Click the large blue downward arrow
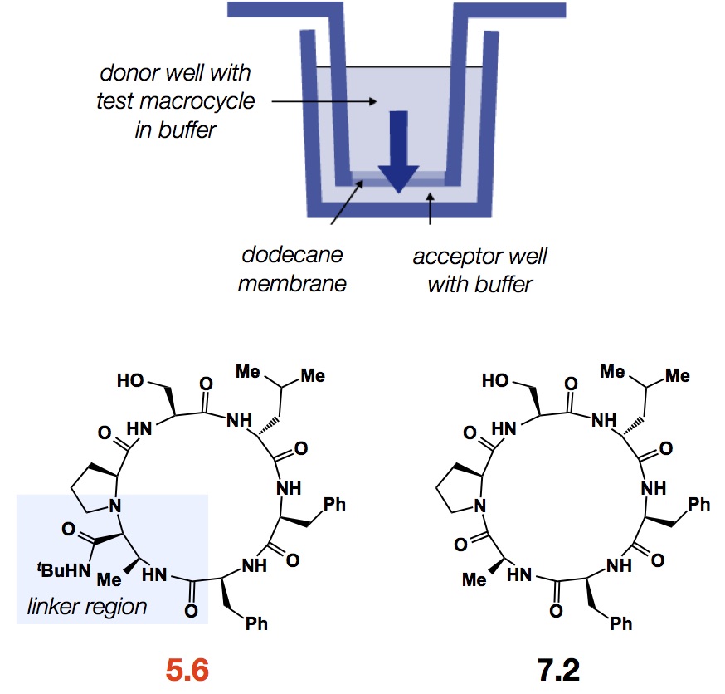click(x=398, y=149)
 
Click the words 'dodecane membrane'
click(x=291, y=269)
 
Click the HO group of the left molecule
click(x=134, y=381)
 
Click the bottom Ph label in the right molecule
click(x=620, y=623)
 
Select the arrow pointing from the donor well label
click(x=323, y=102)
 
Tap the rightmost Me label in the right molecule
click(x=677, y=376)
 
